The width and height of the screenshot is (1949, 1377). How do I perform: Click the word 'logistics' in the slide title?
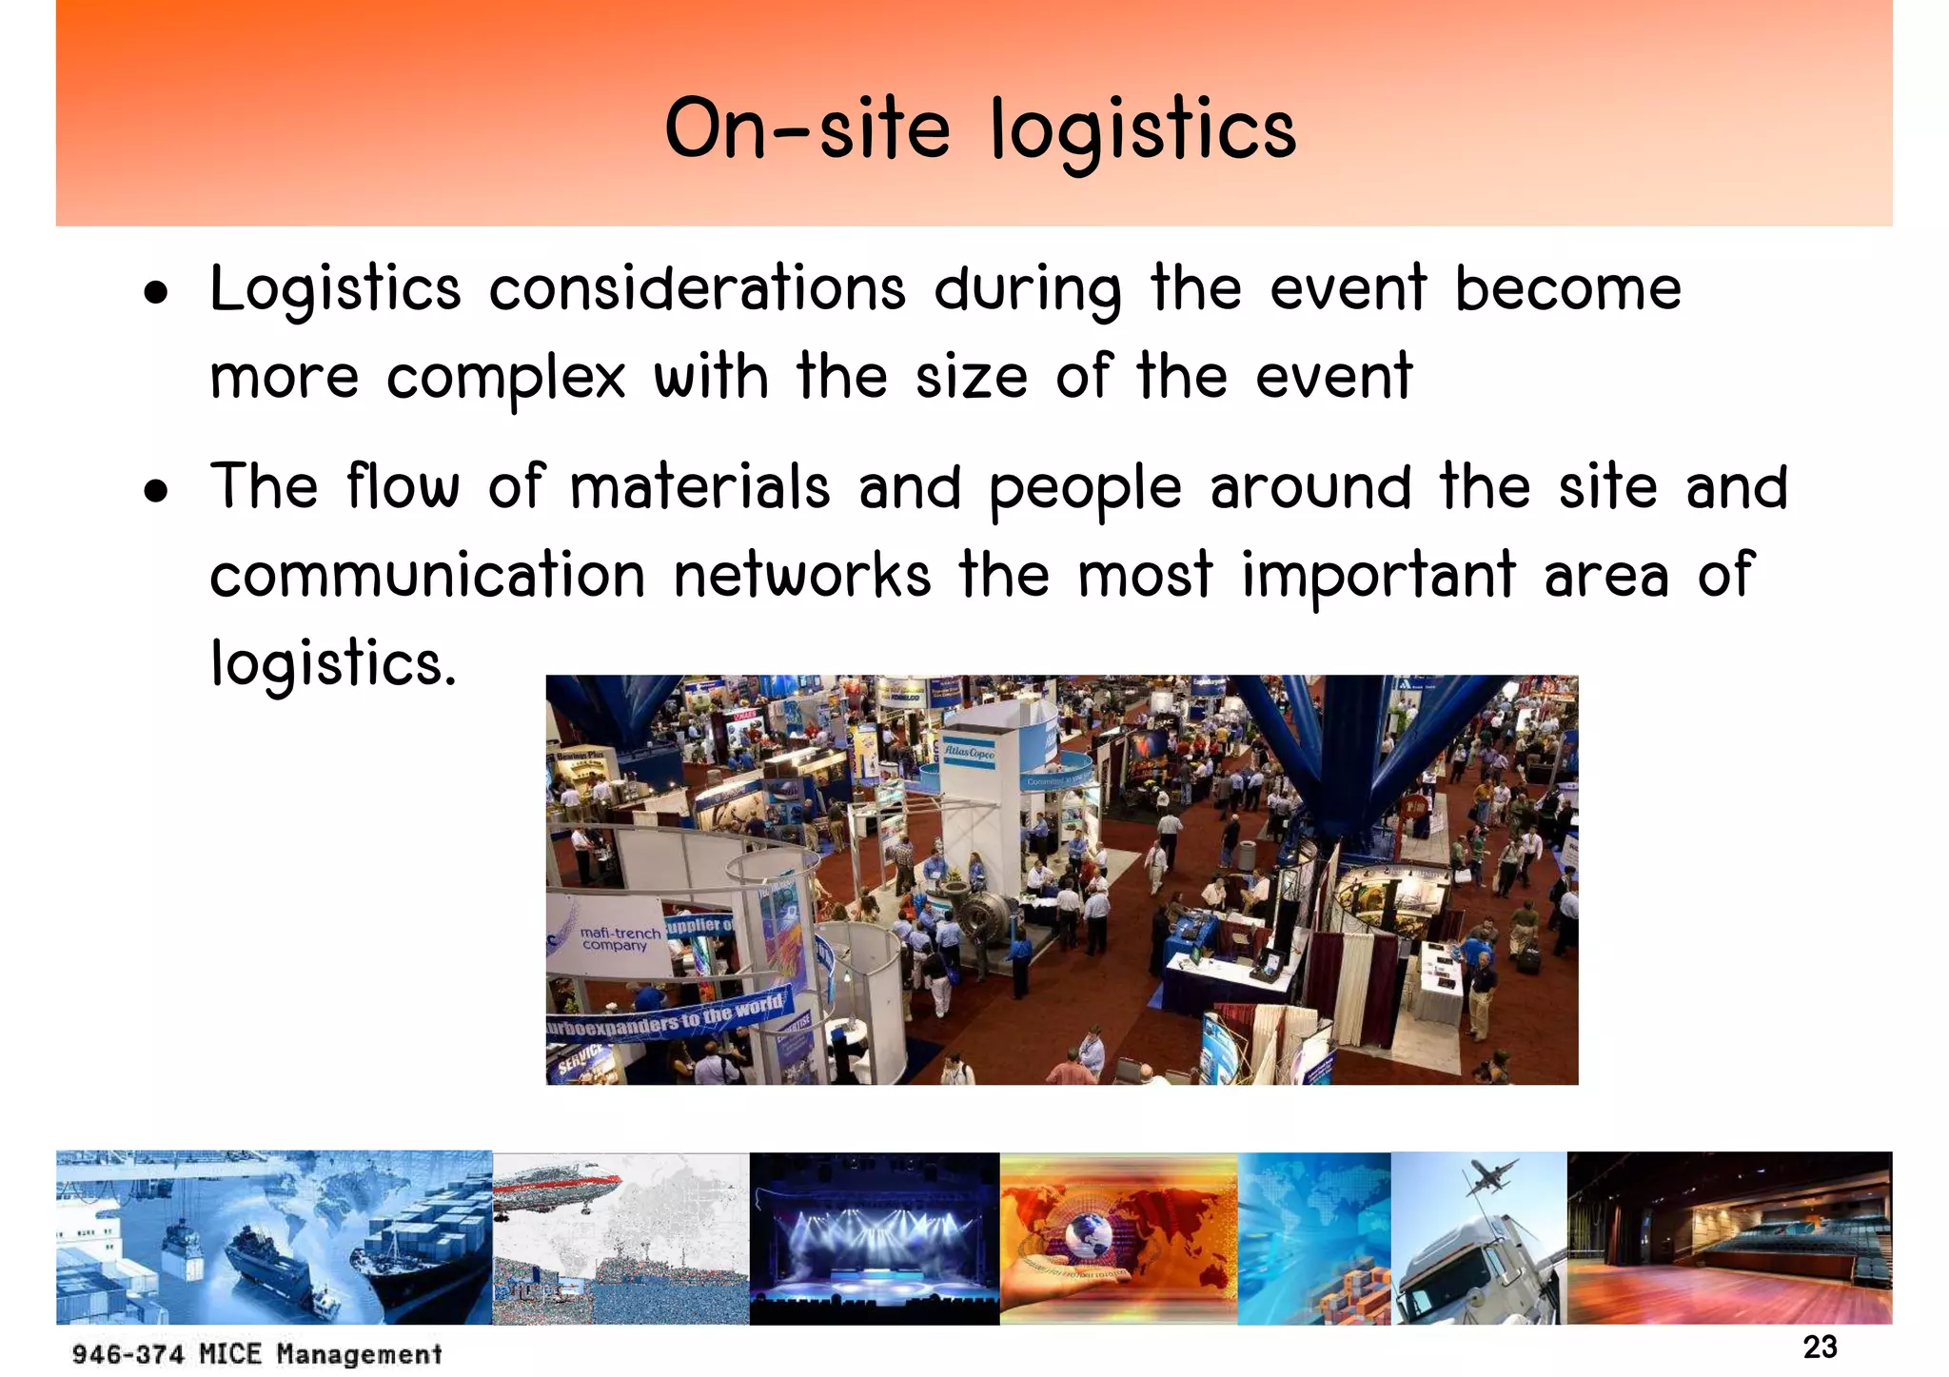[x=1142, y=130]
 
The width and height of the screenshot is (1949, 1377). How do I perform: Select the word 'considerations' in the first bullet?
[x=697, y=288]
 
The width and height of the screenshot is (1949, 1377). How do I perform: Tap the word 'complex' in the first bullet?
[x=505, y=378]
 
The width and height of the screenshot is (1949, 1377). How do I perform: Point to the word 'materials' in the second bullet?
[x=699, y=487]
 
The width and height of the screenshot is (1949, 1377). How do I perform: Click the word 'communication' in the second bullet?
[x=427, y=575]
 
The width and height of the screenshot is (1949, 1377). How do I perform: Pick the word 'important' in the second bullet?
[x=1378, y=577]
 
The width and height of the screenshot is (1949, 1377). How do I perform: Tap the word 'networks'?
[x=801, y=575]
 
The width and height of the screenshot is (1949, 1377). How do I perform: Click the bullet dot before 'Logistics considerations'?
[x=156, y=294]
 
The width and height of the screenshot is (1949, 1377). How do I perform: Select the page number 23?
[x=1820, y=1347]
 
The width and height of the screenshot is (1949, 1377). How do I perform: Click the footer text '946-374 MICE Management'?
[x=257, y=1353]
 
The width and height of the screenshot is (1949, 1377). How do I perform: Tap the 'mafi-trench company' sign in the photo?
[x=619, y=938]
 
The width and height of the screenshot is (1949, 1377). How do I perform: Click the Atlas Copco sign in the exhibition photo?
[x=969, y=752]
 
